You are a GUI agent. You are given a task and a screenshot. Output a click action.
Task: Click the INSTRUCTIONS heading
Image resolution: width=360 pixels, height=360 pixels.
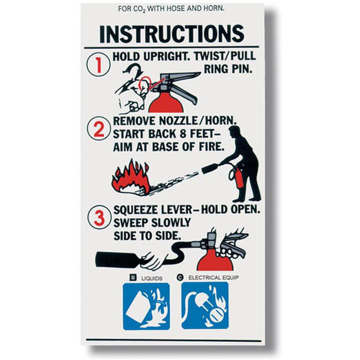pyautogui.click(x=170, y=35)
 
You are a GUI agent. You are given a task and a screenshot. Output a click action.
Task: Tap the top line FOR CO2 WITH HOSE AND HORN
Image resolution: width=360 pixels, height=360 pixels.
pyautogui.click(x=170, y=9)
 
